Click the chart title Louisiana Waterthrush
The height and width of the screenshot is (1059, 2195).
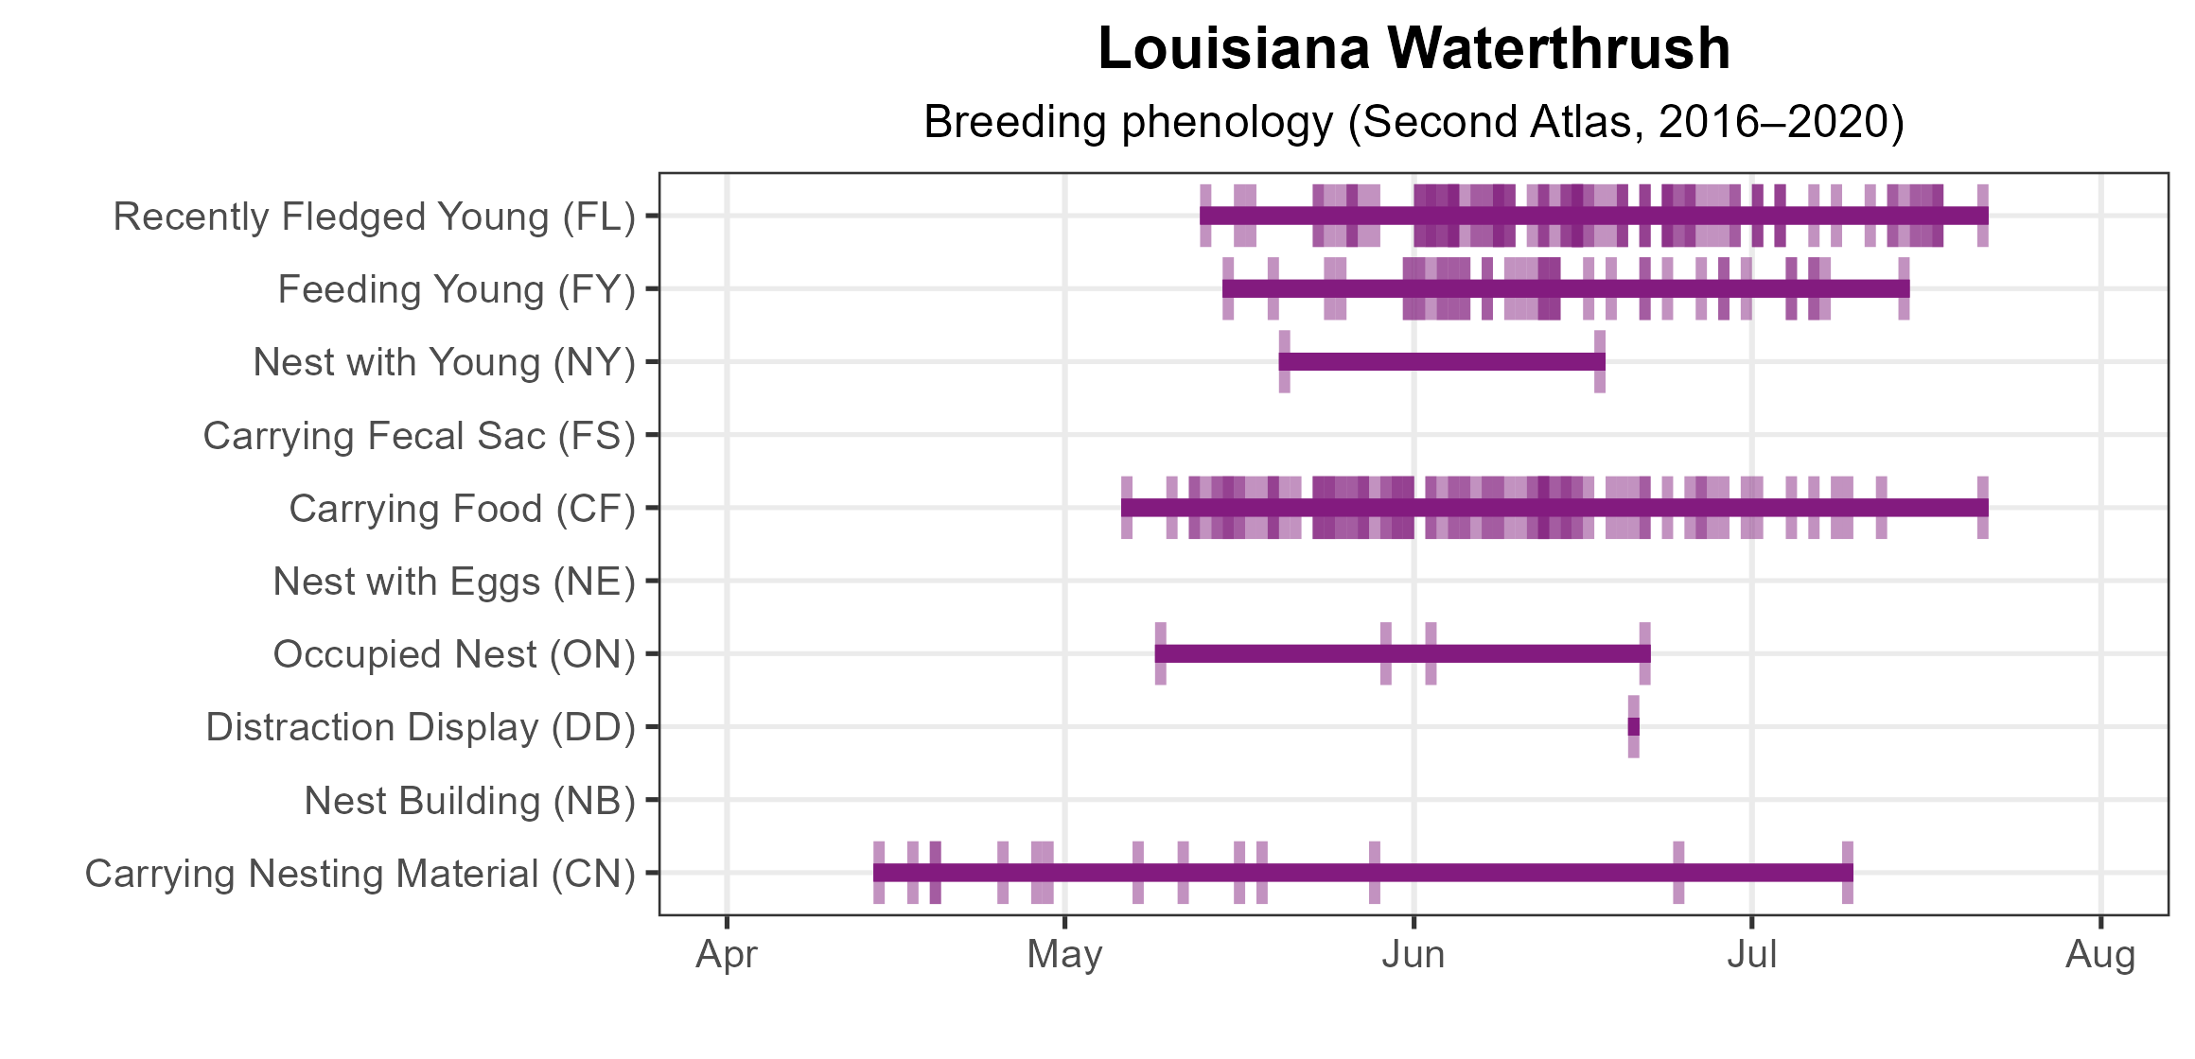coord(1414,49)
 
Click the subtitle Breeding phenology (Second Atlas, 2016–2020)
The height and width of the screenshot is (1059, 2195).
coord(1414,122)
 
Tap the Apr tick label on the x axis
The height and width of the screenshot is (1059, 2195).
coord(727,955)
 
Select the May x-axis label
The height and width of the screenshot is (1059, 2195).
coord(1064,955)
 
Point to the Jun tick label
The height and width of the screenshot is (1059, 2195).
coord(1414,955)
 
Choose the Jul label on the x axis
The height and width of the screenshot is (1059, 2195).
coord(1751,955)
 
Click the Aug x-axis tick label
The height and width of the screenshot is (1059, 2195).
coord(2100,955)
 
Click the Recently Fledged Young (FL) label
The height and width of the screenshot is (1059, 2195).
coord(374,217)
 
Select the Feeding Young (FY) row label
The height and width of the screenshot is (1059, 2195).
coord(456,289)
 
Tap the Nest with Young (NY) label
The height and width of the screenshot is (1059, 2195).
coord(444,362)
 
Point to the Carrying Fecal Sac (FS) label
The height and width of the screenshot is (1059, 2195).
coord(419,436)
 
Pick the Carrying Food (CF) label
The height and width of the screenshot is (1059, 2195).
coord(462,509)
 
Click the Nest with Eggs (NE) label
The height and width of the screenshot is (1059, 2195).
coord(454,582)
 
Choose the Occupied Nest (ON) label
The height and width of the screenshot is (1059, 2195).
coord(454,654)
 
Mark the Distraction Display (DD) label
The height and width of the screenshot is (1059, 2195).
coord(420,727)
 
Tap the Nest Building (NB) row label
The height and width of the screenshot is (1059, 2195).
coord(469,801)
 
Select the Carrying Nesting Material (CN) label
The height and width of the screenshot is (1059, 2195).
coord(360,874)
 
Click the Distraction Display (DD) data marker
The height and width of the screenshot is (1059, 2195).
coord(1633,727)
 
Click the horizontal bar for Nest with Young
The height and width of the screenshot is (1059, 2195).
coord(1441,362)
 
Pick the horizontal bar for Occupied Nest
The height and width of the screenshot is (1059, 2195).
coord(1402,654)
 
